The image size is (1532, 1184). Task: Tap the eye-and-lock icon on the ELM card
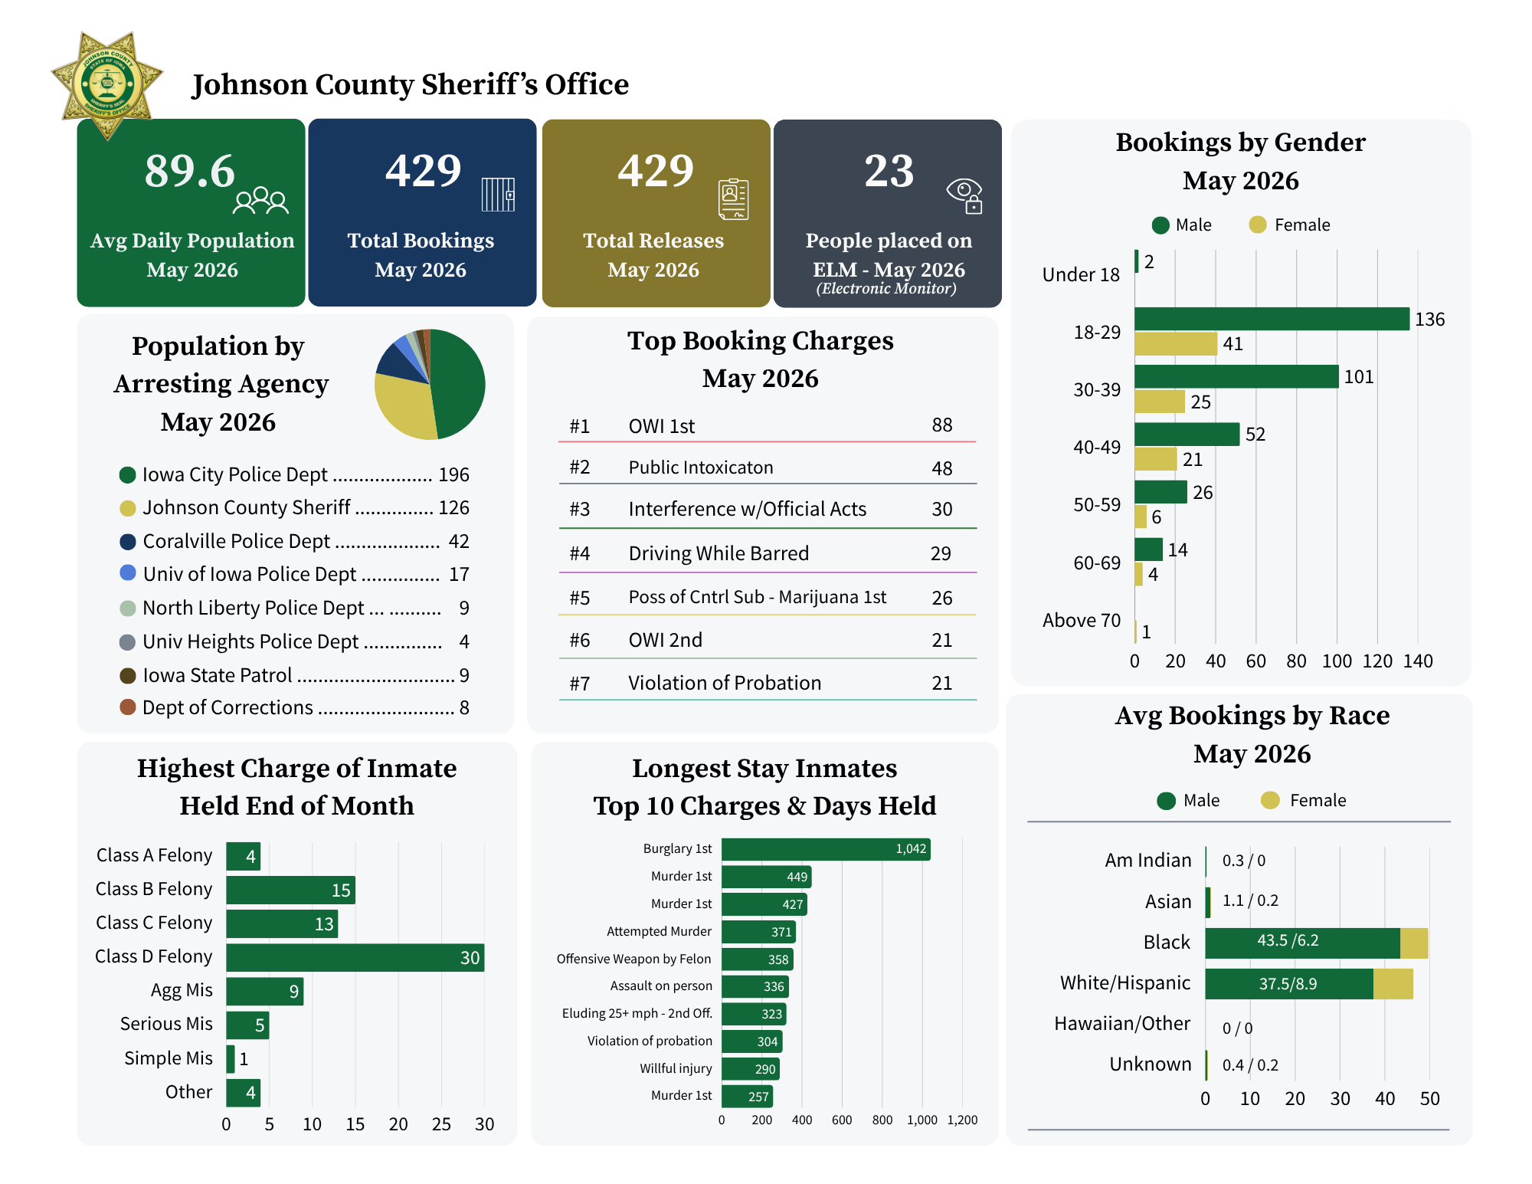tap(964, 196)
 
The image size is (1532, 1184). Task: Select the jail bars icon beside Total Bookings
tap(498, 195)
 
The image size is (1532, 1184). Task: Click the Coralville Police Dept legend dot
tap(128, 542)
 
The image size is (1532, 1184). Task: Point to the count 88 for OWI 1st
tap(942, 425)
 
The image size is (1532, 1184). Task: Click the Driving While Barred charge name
tap(719, 553)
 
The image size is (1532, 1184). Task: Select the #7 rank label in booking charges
tap(580, 683)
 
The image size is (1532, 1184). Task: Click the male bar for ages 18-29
tap(1272, 319)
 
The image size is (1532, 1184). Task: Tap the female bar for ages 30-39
tap(1160, 402)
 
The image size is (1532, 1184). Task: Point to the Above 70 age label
tap(1082, 620)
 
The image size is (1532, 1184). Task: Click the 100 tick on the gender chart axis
tap(1337, 661)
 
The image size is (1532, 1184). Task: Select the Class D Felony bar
tap(355, 958)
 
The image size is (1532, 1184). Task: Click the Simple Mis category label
tap(169, 1058)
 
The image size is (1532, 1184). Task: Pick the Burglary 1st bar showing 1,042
tap(826, 849)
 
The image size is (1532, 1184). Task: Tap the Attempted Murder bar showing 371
tap(759, 932)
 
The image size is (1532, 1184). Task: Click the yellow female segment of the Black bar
tap(1414, 943)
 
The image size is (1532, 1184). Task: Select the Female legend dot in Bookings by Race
tap(1270, 801)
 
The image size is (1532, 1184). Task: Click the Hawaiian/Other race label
tap(1122, 1024)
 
